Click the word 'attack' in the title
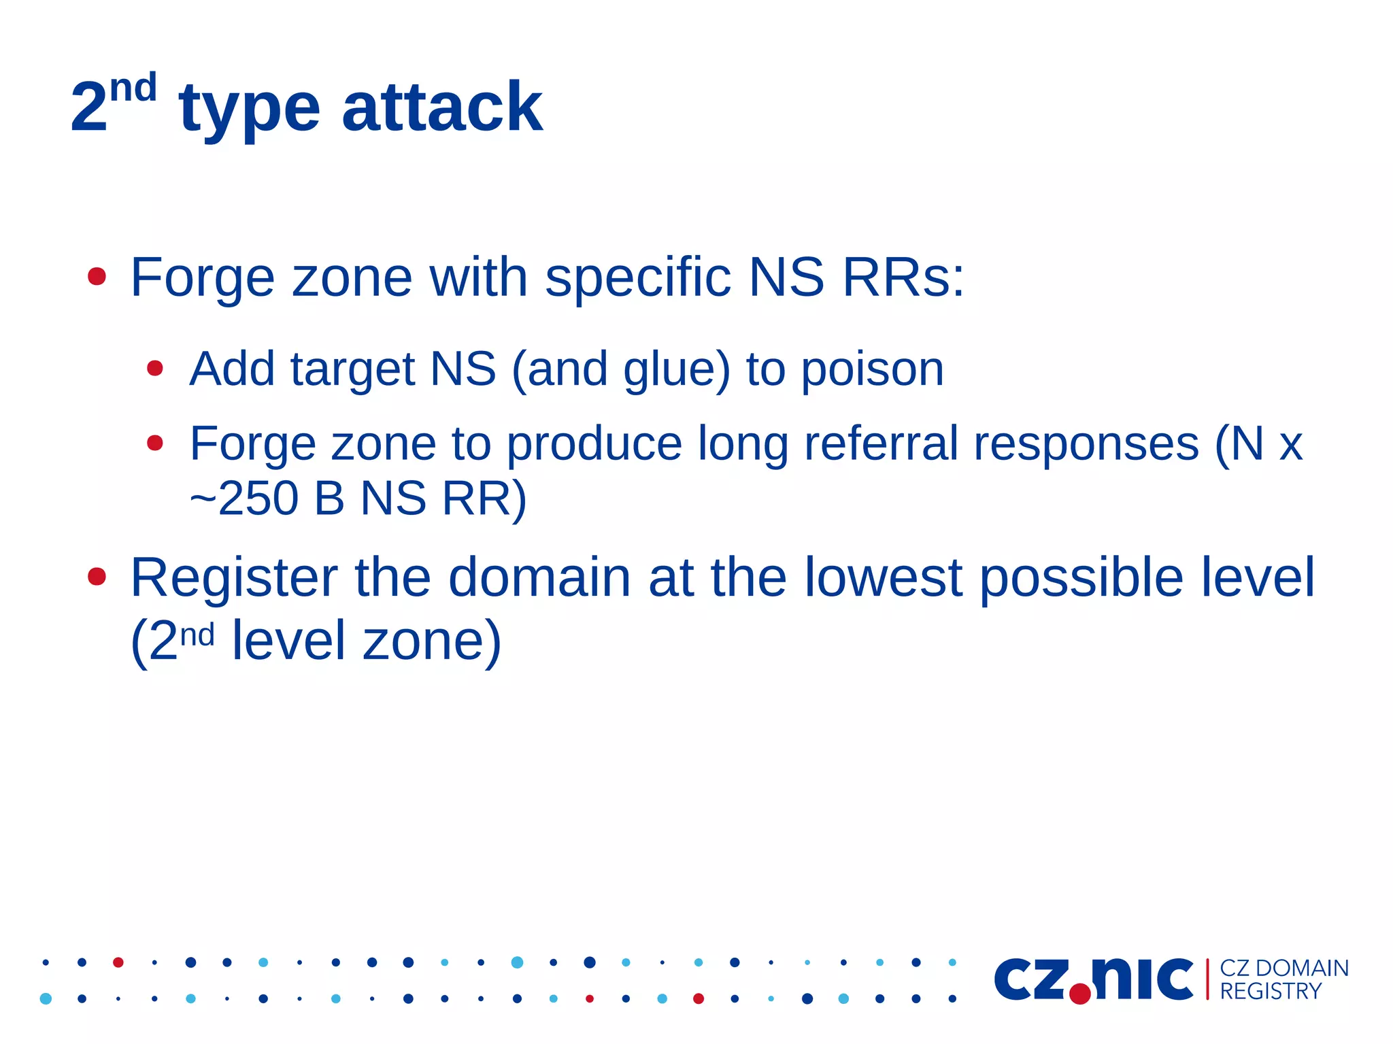coord(441,107)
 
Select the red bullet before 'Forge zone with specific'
coord(97,276)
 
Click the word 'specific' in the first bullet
coord(637,277)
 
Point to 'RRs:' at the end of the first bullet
coord(903,277)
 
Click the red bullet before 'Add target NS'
coord(155,368)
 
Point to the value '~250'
coord(244,499)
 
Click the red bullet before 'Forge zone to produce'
coord(155,443)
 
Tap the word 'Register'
coord(234,577)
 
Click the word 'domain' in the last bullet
coord(539,577)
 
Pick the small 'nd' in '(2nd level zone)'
coord(197,635)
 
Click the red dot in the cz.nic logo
coord(1079,994)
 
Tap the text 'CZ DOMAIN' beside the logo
coord(1283,968)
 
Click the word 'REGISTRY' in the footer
coord(1270,992)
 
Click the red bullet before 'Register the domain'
coord(97,577)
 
